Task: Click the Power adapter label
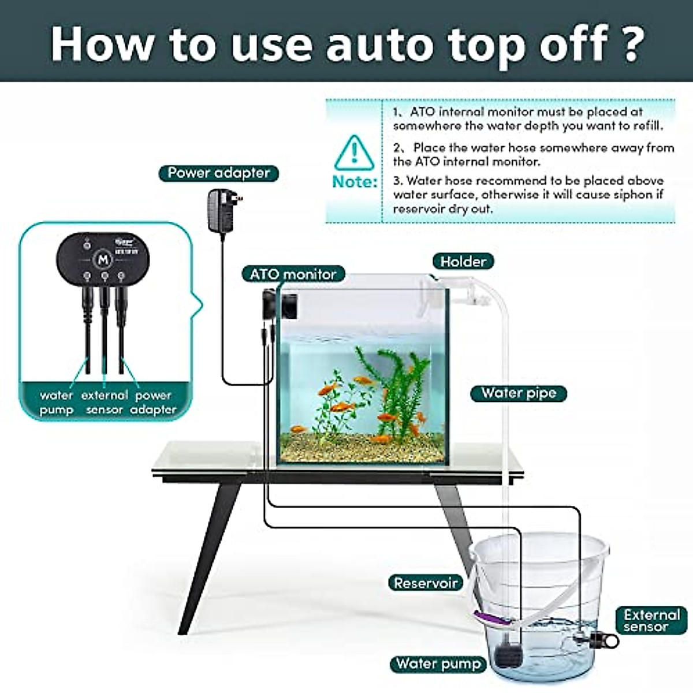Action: pyautogui.click(x=218, y=173)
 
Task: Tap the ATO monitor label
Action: pyautogui.click(x=293, y=274)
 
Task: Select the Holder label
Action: pyautogui.click(x=463, y=262)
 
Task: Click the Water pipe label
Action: pyautogui.click(x=518, y=393)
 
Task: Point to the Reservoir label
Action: pyautogui.click(x=426, y=583)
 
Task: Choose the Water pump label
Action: pyautogui.click(x=438, y=664)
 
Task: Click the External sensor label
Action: pyautogui.click(x=651, y=621)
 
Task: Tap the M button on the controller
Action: pyautogui.click(x=104, y=259)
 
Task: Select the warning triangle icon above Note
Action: pyautogui.click(x=354, y=152)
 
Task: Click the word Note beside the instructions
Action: pyautogui.click(x=354, y=181)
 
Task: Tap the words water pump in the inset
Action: pyautogui.click(x=57, y=403)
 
